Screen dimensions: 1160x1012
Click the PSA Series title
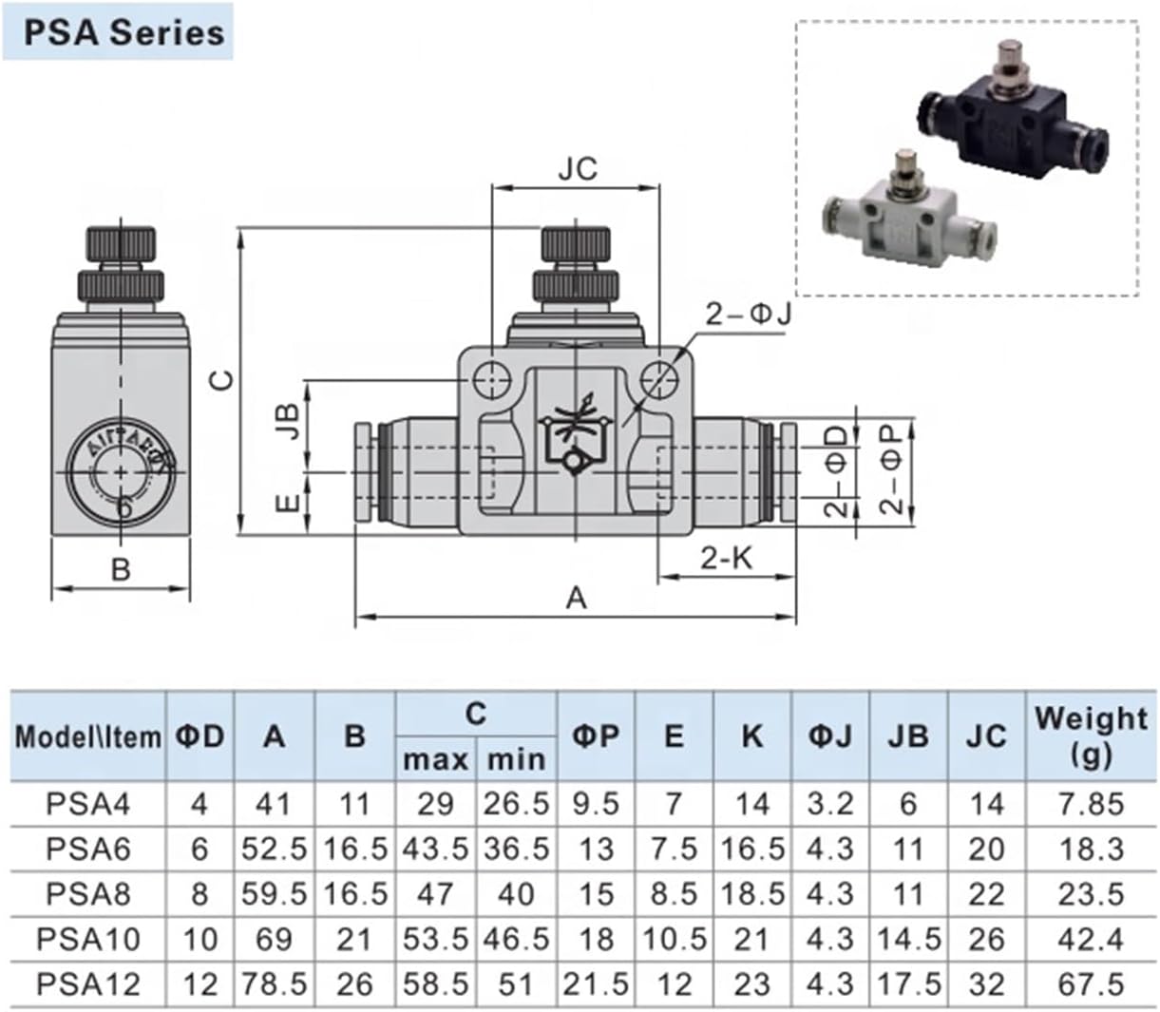click(124, 33)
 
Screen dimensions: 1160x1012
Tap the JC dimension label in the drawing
click(578, 168)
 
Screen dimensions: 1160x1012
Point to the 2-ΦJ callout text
click(748, 315)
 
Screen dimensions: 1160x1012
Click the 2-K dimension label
click(726, 559)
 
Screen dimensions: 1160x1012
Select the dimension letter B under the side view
click(121, 569)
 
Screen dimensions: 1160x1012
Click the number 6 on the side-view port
click(124, 506)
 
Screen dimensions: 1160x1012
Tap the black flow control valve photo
click(1013, 109)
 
